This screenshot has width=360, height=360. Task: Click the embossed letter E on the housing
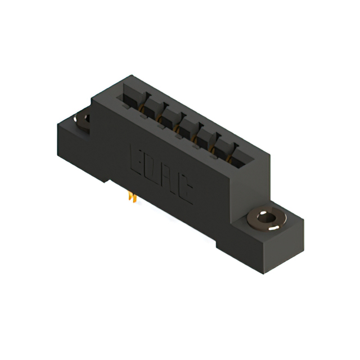tap(138, 159)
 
